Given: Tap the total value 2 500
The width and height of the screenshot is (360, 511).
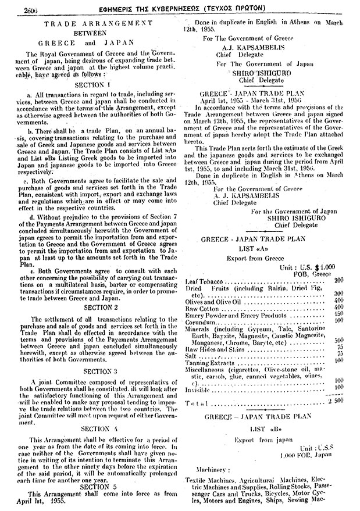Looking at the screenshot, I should pyautogui.click(x=337, y=402).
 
